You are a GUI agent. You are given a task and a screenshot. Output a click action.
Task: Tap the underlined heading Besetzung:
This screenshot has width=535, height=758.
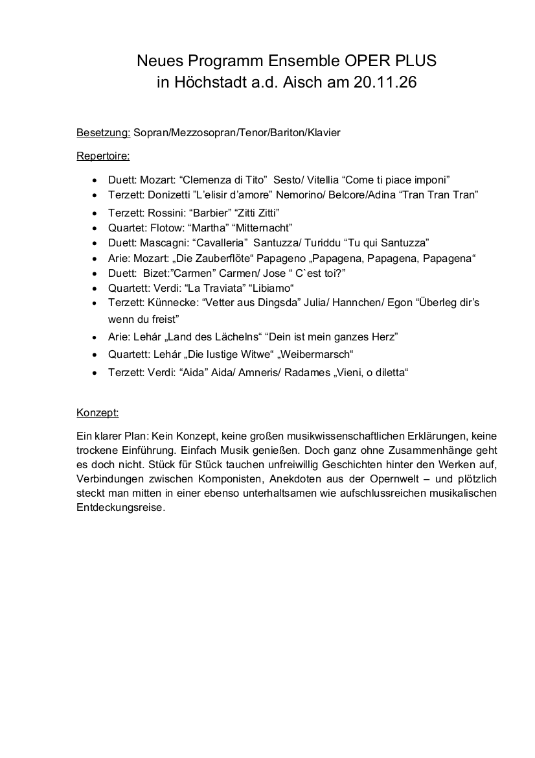coord(104,133)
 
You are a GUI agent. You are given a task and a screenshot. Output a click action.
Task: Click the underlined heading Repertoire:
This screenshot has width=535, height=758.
coord(103,156)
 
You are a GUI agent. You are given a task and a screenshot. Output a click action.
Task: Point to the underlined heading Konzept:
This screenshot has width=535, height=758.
coord(97,412)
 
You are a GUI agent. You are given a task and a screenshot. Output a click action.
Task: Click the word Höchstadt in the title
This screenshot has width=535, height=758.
coord(212,82)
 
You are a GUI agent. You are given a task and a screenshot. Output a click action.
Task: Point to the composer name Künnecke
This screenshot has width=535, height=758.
coord(174,303)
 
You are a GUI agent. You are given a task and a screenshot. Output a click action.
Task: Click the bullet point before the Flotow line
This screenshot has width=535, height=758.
coord(96,228)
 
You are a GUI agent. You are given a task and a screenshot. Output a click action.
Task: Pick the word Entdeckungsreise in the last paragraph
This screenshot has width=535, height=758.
coord(120,508)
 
